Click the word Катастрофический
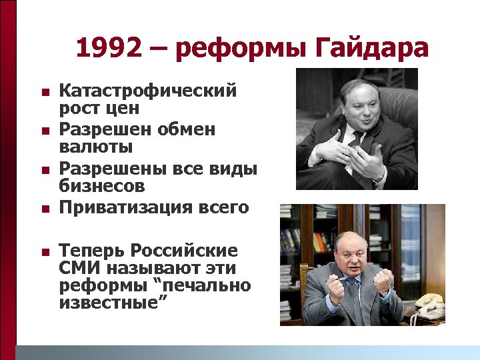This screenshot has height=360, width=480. coord(148,90)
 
